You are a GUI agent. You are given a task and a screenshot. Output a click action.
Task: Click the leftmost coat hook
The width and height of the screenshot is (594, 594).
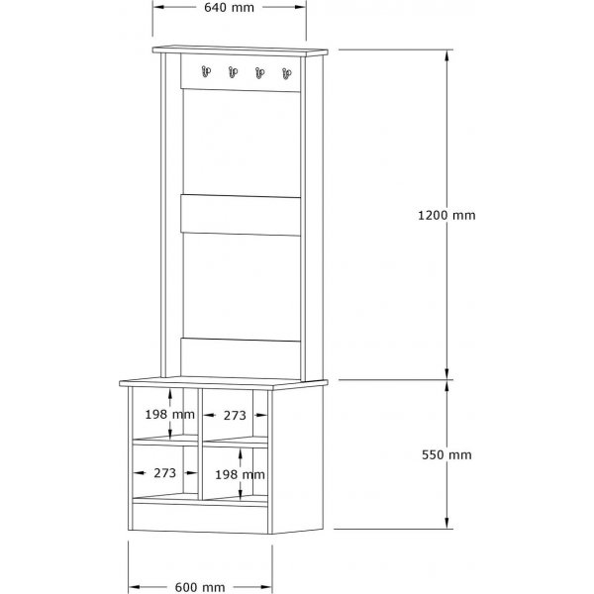click(x=206, y=71)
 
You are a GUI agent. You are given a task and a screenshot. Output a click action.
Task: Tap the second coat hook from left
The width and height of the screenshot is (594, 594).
click(x=234, y=71)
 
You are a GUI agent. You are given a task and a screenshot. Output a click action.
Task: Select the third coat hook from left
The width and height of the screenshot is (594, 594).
click(x=260, y=71)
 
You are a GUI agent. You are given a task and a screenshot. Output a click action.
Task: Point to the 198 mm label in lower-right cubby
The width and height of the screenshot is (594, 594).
click(x=242, y=474)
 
